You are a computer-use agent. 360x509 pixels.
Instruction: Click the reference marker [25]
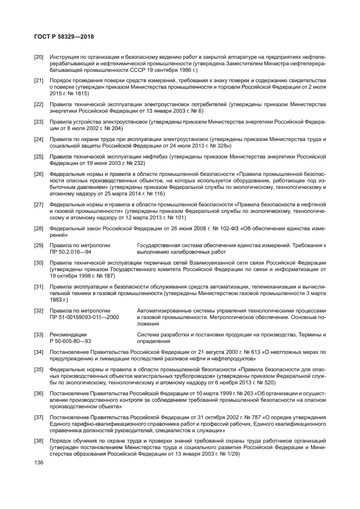[x=39, y=157]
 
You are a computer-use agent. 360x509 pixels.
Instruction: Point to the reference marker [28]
[x=39, y=229]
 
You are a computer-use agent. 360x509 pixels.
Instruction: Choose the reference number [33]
[x=39, y=334]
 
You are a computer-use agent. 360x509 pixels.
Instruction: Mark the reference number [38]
[x=39, y=440]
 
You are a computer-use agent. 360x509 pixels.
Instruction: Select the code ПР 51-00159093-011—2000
[x=82, y=317]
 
